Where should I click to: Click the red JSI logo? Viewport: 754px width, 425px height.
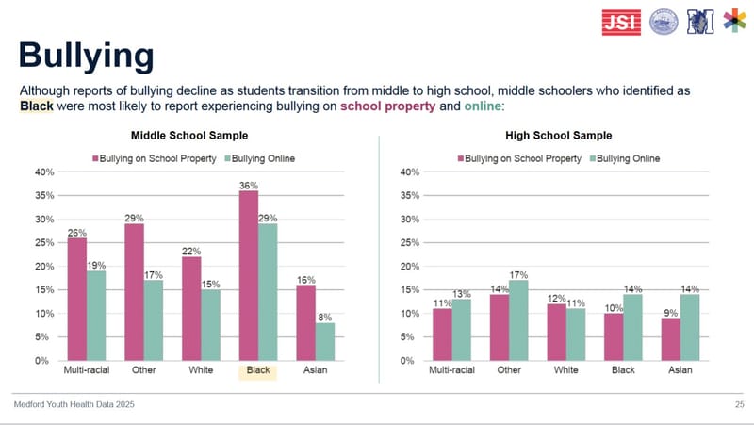click(x=621, y=20)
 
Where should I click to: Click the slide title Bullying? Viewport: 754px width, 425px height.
click(x=86, y=54)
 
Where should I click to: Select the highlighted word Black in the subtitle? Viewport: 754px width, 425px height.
click(x=38, y=106)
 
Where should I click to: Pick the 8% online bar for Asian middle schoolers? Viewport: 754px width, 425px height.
click(x=325, y=341)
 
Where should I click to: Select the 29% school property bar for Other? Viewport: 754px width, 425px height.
click(x=134, y=291)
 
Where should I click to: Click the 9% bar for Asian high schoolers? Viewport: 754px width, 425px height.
click(x=670, y=338)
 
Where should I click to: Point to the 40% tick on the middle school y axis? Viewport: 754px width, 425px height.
click(x=44, y=172)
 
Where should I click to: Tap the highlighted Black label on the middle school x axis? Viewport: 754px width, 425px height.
click(x=257, y=370)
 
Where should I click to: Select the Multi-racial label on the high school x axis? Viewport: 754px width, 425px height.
click(x=452, y=370)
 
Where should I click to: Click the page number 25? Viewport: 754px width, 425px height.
click(x=738, y=404)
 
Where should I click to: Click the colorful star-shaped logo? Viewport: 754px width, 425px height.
click(x=733, y=20)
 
